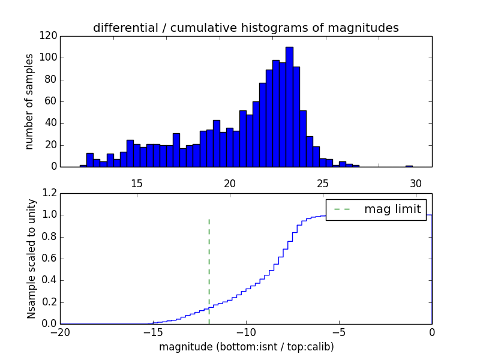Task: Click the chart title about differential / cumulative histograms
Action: tap(246, 28)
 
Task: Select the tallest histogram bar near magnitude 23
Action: tap(289, 108)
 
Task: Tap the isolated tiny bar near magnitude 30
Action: tap(409, 166)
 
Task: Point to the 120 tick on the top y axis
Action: tap(50, 36)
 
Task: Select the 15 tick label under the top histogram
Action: tap(136, 184)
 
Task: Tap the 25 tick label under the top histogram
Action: tap(323, 184)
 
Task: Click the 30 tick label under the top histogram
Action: tap(416, 184)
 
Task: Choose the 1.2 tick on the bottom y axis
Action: tap(50, 193)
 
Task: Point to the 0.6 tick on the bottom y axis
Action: tap(50, 259)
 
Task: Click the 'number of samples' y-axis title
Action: tap(29, 101)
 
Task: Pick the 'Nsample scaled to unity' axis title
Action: tap(32, 259)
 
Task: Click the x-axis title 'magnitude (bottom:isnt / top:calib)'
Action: tap(246, 347)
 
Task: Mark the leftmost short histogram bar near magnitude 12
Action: tap(83, 166)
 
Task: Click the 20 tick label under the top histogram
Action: tap(230, 184)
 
